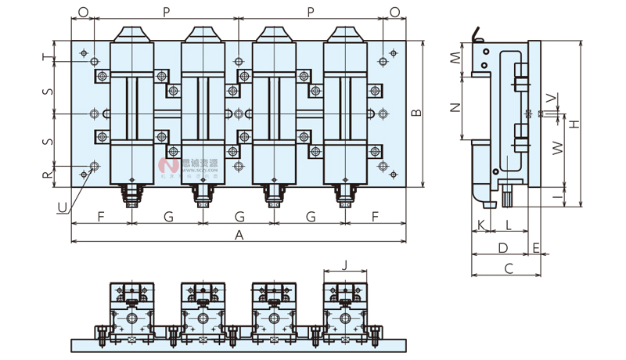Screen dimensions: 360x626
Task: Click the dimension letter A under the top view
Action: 239,234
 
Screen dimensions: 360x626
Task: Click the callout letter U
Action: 62,207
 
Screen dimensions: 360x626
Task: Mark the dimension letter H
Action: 574,124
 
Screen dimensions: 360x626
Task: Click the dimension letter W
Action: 557,147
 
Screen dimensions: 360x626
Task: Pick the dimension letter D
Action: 503,248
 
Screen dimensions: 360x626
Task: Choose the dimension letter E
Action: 536,248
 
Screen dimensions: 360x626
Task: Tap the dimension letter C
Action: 508,269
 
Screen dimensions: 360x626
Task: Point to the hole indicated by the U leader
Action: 95,166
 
